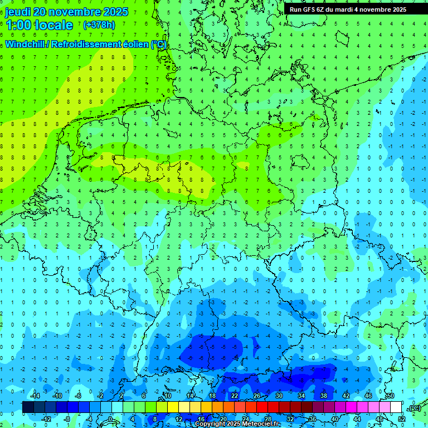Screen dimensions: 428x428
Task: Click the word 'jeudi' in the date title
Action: pos(19,12)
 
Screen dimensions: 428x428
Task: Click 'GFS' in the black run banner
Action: pos(310,9)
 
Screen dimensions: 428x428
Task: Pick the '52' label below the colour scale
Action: pos(402,419)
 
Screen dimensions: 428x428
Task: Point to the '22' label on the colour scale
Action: pos(235,396)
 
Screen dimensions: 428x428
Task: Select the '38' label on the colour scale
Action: pos(323,396)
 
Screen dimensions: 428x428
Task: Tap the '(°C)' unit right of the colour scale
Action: pos(414,408)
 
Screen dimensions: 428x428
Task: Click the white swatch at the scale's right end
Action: pos(396,407)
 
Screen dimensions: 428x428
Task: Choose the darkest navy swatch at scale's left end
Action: pos(28,407)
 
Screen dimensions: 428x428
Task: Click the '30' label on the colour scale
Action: pos(279,396)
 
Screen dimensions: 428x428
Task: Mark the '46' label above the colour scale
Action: pos(368,396)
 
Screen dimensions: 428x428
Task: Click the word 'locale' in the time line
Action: pos(55,25)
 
